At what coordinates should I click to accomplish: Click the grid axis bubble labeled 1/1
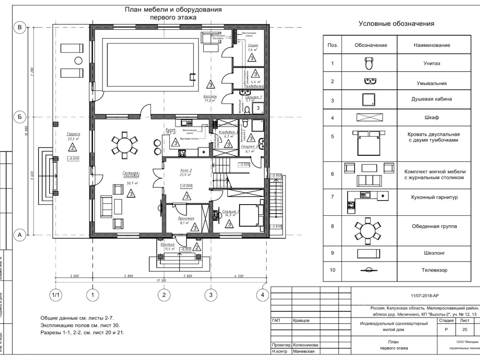tap(55, 295)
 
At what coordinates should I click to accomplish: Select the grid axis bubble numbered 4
tap(262, 295)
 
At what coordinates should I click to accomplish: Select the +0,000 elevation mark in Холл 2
tap(186, 186)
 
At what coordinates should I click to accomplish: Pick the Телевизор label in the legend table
tap(434, 270)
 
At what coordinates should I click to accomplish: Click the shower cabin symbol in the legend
tap(369, 100)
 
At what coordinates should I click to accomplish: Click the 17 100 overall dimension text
tap(161, 280)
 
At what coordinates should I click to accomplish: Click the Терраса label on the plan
tap(73, 134)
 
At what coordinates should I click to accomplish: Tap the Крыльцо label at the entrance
tap(168, 244)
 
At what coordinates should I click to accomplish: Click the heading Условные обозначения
tap(396, 24)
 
